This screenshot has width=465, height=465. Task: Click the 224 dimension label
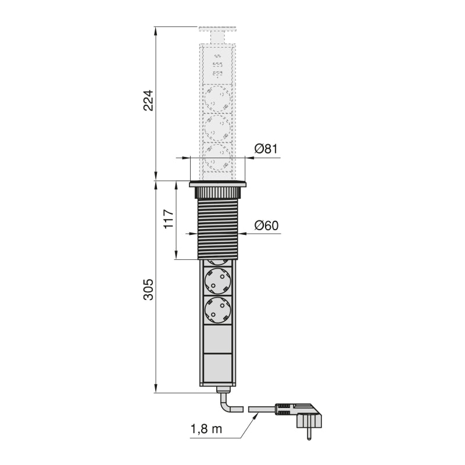point(148,101)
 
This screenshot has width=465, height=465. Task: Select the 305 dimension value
point(148,289)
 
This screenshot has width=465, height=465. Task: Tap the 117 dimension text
point(169,219)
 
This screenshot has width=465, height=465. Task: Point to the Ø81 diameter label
point(266,149)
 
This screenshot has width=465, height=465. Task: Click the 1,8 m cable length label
point(206,430)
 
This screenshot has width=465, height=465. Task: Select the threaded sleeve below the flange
point(218,228)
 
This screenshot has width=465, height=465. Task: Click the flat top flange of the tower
point(218,184)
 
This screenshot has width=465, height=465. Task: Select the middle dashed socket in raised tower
point(218,127)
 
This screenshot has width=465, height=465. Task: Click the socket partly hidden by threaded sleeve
point(218,262)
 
